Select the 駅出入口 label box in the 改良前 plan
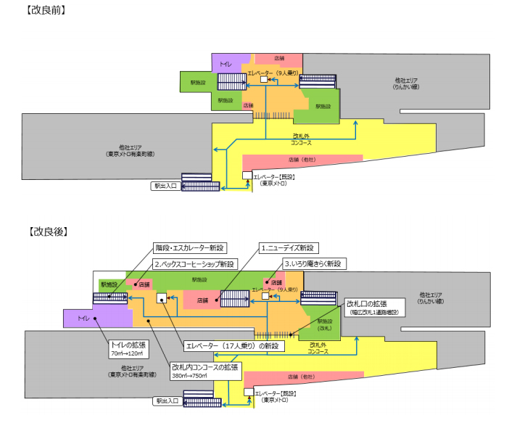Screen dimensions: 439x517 click(x=165, y=186)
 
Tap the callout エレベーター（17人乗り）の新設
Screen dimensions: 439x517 click(x=231, y=346)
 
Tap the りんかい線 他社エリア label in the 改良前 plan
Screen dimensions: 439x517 click(x=405, y=83)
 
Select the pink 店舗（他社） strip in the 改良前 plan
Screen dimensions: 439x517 click(x=302, y=160)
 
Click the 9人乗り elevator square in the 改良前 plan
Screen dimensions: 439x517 click(x=265, y=81)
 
